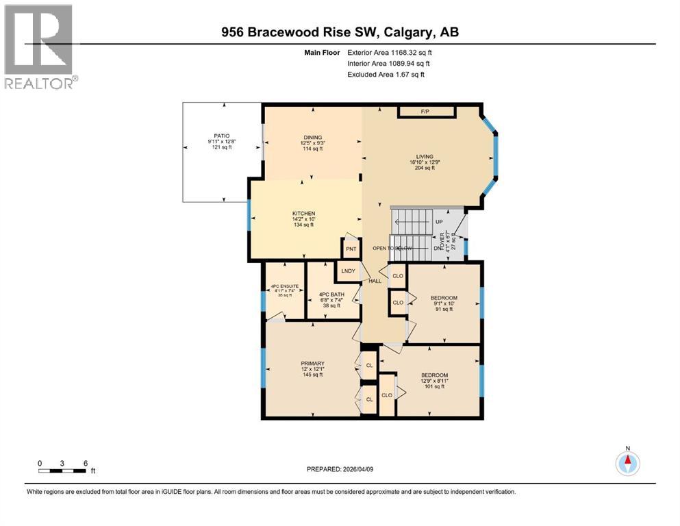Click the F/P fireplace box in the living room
coord(427,111)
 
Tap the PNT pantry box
coord(351,248)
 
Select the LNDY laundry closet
coord(344,272)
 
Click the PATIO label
coord(220,136)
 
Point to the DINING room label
coord(313,137)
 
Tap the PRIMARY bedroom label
coord(312,364)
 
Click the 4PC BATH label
coord(332,295)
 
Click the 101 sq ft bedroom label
coord(434,375)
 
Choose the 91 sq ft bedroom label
coord(443,298)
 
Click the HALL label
coord(375,281)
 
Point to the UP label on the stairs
coord(439,222)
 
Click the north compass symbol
coord(627,463)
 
